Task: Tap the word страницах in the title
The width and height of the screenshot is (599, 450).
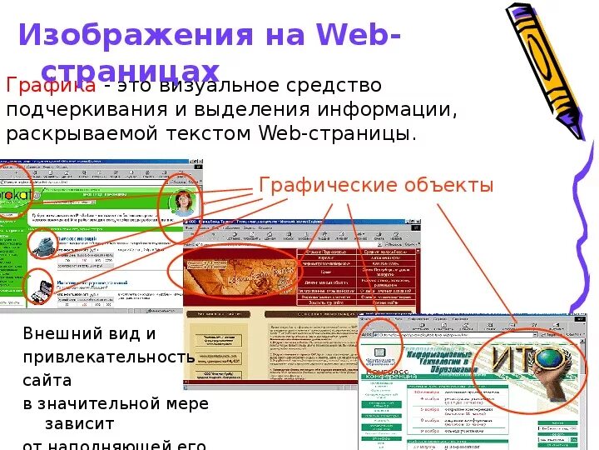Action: pos(131,71)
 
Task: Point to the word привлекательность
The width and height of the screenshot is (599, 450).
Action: pos(108,357)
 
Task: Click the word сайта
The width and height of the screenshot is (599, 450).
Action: pos(47,380)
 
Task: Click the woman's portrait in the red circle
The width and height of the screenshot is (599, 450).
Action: pos(181,202)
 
